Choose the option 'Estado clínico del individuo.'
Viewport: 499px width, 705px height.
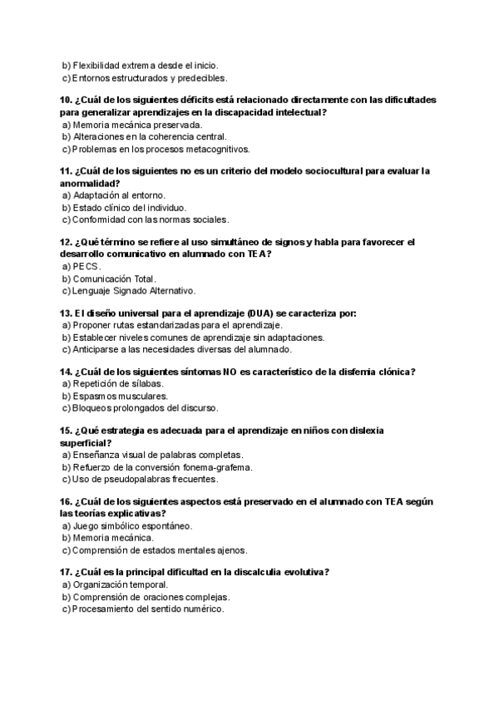129,208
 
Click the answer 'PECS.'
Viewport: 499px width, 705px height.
86,267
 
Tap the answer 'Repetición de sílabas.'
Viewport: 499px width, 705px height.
118,384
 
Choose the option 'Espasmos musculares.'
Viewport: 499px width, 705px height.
114,397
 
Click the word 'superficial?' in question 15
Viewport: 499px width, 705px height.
86,443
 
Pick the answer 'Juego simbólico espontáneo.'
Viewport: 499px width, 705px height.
132,526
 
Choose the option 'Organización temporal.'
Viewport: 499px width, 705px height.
120,584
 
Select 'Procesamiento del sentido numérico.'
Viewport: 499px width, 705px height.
148,609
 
